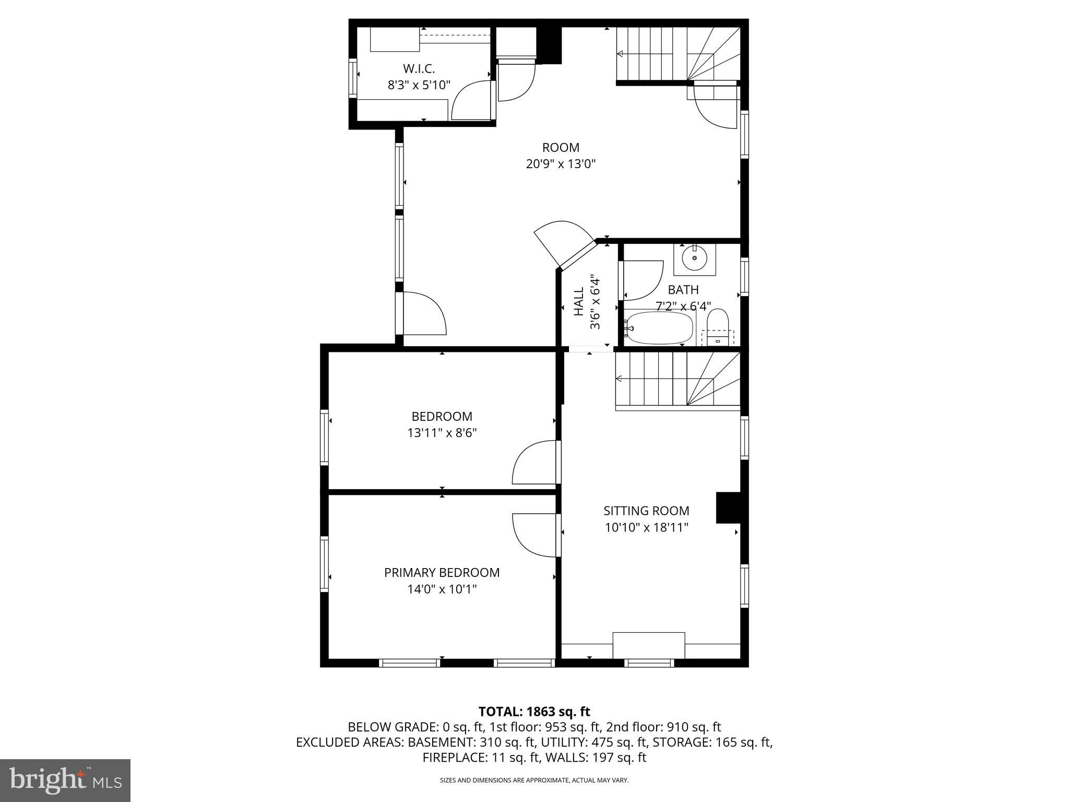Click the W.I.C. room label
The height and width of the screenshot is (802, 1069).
(x=419, y=68)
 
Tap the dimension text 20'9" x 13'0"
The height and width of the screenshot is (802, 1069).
(x=561, y=164)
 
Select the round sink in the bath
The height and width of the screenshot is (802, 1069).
(x=694, y=258)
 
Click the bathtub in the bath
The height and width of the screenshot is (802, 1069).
(x=659, y=328)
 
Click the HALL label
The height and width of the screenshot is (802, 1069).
(x=579, y=301)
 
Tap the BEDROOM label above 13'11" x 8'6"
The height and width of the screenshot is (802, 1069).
(x=442, y=416)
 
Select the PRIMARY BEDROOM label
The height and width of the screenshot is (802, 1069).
(x=442, y=572)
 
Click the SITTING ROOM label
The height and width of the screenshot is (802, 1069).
(x=646, y=511)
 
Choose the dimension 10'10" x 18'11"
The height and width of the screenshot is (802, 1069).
(x=646, y=527)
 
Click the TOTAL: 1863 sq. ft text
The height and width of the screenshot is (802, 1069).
(x=534, y=711)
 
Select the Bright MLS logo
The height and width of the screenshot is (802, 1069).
(x=65, y=780)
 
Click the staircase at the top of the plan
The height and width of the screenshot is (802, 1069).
(x=678, y=54)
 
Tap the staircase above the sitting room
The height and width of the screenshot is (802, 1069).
(x=677, y=380)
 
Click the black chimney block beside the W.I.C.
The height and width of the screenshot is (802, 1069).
(x=549, y=45)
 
